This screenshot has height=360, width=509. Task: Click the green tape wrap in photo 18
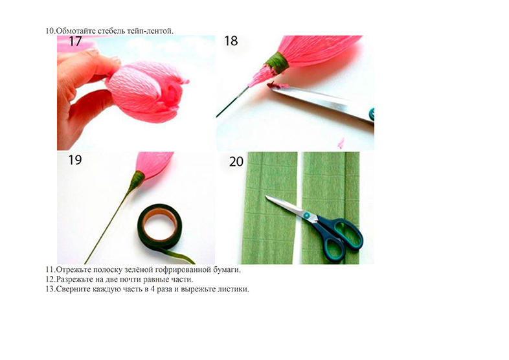pyautogui.click(x=277, y=61)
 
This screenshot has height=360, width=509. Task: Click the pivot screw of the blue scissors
pyautogui.click(x=306, y=214)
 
